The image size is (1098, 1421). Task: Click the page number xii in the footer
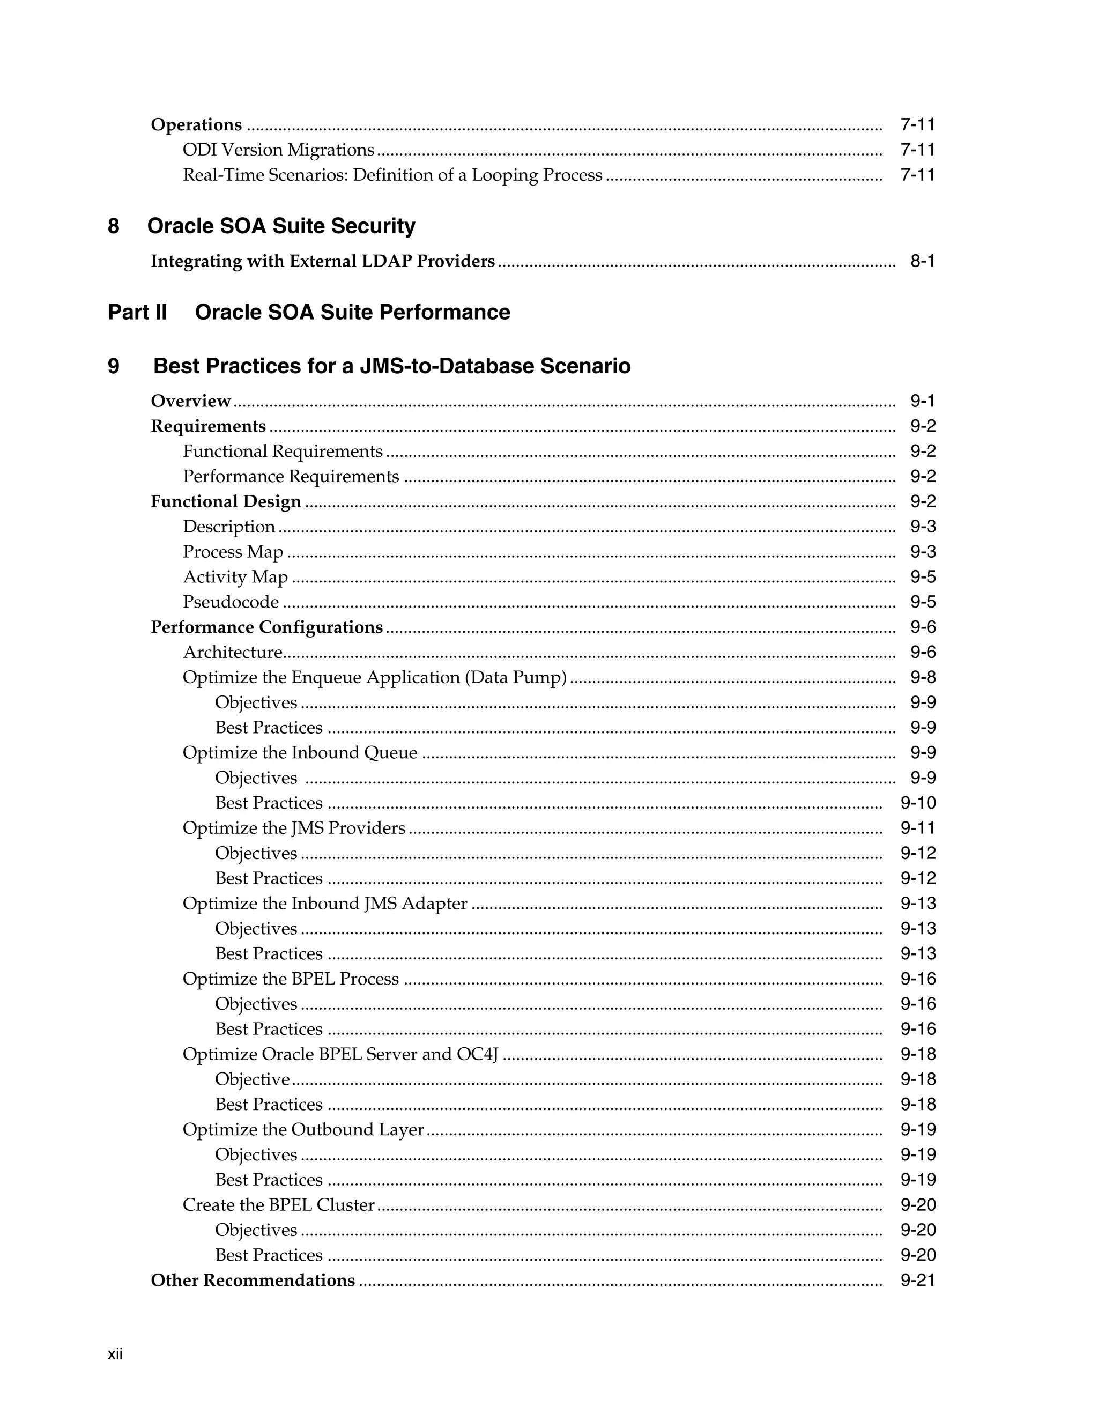coord(115,1354)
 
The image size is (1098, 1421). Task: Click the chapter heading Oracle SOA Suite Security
coord(281,226)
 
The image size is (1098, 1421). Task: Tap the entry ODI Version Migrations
coord(278,150)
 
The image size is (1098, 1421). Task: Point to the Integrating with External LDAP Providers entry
coord(323,261)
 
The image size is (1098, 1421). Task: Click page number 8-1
coord(922,261)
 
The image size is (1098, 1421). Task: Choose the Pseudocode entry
coord(231,602)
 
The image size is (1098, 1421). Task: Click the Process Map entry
coord(233,552)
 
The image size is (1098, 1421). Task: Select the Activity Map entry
coord(235,577)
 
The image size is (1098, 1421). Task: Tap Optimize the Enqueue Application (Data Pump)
coord(375,677)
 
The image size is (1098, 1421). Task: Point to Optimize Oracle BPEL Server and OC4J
coord(340,1054)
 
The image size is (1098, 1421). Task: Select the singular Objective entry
coord(253,1079)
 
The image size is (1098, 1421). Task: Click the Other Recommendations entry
coord(253,1280)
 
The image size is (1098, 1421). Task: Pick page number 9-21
coord(918,1280)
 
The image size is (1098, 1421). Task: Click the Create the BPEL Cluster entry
coord(278,1205)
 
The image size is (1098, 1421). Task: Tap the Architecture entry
coord(232,652)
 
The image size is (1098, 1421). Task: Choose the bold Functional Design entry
coord(226,502)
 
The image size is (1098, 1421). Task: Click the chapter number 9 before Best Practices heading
coord(114,366)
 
